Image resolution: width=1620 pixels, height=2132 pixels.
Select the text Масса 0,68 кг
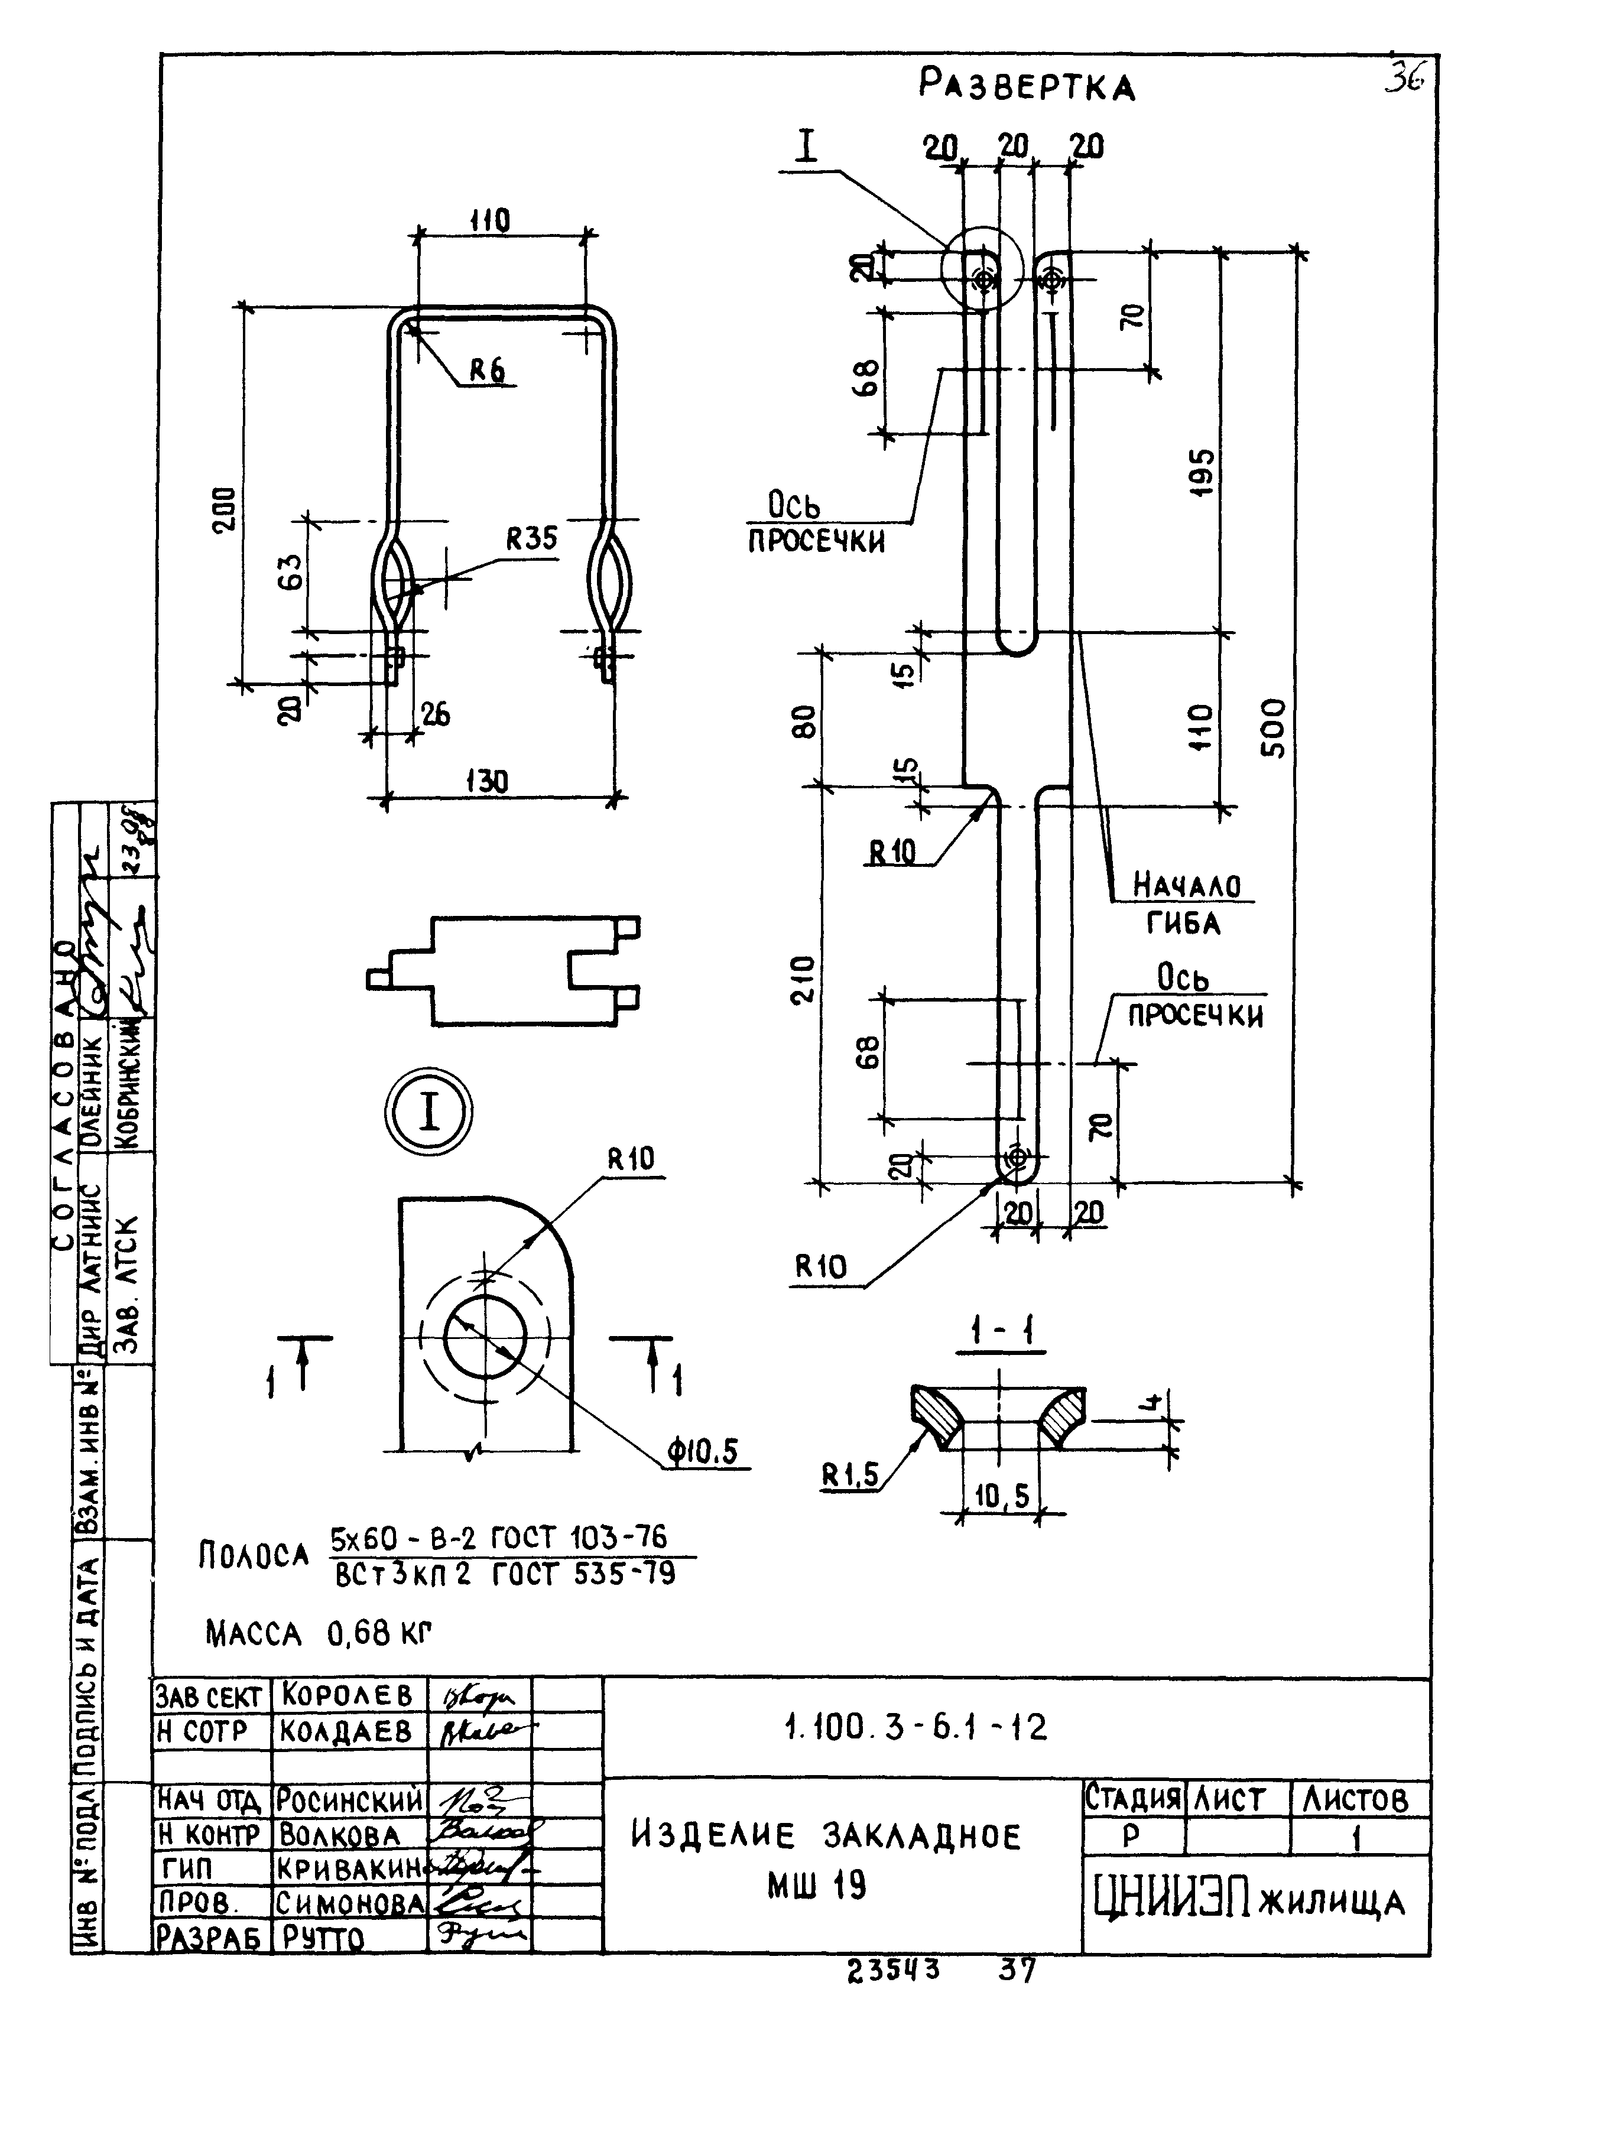pyautogui.click(x=318, y=1634)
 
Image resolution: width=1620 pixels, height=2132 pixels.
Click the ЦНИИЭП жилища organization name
pyautogui.click(x=1249, y=1901)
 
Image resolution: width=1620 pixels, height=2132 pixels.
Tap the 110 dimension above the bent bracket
pyautogui.click(x=490, y=222)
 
